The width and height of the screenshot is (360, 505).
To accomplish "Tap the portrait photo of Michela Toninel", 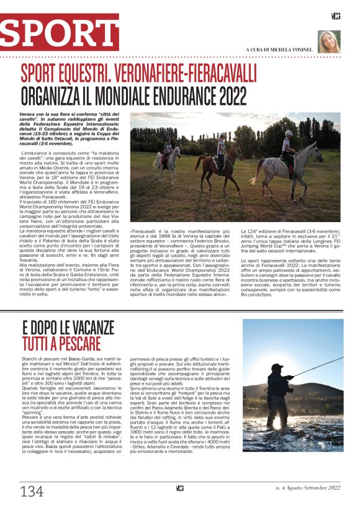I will (x=329, y=42).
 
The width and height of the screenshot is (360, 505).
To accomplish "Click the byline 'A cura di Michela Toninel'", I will (x=279, y=49).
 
